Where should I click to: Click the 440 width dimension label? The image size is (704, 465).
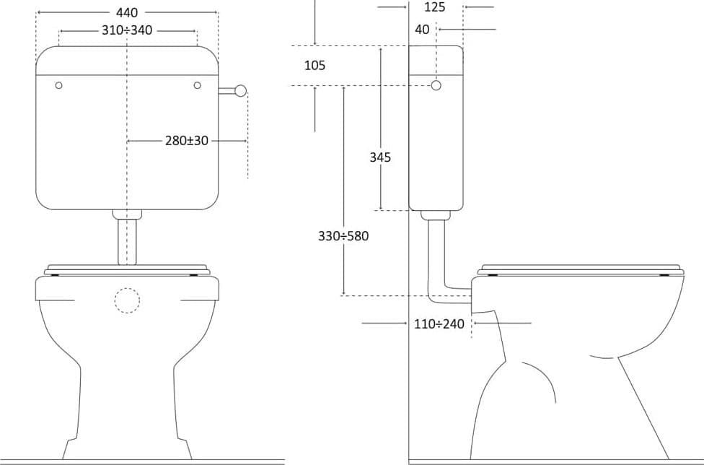(x=127, y=12)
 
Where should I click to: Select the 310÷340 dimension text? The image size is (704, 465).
(x=127, y=30)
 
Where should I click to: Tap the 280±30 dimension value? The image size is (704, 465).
(x=187, y=141)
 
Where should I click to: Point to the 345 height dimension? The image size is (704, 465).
(x=380, y=157)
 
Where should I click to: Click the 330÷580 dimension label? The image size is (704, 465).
(x=343, y=236)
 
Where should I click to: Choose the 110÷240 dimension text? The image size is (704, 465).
(x=439, y=323)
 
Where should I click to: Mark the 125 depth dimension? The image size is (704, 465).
(x=435, y=7)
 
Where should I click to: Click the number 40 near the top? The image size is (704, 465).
(x=423, y=30)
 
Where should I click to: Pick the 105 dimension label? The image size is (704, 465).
(x=314, y=66)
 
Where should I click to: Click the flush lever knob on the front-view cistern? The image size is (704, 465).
(x=241, y=91)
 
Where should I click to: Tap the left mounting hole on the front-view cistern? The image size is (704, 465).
(x=58, y=85)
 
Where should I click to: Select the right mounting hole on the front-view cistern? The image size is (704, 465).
(x=197, y=85)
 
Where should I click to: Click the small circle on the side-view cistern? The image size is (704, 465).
(x=436, y=85)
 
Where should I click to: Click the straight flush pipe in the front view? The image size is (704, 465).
(x=127, y=242)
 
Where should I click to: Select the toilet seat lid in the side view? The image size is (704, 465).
(x=581, y=269)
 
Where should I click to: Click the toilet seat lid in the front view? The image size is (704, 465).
(x=127, y=269)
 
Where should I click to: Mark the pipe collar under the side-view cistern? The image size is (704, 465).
(x=435, y=215)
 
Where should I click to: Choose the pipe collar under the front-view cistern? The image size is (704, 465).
(x=127, y=214)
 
